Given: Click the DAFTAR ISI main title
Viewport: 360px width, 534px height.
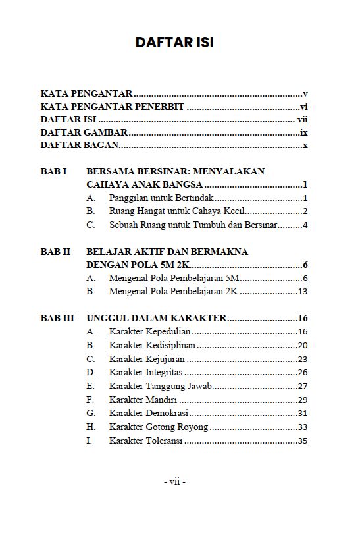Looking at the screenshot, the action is pos(174,43).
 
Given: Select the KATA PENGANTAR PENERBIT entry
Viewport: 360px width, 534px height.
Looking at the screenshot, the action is pos(112,107).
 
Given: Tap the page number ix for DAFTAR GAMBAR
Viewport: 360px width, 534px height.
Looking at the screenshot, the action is pos(304,132).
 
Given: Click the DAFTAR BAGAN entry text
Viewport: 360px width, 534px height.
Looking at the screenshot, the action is pos(79,145).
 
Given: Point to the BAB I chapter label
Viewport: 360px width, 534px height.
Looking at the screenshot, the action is pos(54,171).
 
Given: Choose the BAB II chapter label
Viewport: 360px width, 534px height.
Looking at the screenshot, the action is pos(55,252).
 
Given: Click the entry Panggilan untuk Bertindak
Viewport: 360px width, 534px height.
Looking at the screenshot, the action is pos(162,198).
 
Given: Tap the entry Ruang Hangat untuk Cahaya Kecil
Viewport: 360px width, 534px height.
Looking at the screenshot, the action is pos(177,211).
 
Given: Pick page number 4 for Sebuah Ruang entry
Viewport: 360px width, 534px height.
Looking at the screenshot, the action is pos(305,225).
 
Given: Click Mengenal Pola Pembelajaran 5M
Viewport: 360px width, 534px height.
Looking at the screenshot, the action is pos(174,279).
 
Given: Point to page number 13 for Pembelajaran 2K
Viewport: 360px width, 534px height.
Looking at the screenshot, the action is pos(303,292).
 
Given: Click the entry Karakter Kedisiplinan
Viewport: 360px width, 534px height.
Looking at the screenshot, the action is pos(152,346).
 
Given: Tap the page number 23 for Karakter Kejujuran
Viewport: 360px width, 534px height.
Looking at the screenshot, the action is pos(303,360).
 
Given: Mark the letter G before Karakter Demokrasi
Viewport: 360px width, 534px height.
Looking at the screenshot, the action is pos(90,414).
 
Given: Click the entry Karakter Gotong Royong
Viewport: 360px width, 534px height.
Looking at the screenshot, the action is pos(158,427).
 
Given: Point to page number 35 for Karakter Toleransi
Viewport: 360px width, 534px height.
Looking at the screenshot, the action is pos(303,441).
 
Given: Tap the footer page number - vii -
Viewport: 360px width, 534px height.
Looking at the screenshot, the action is pos(174,482).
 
